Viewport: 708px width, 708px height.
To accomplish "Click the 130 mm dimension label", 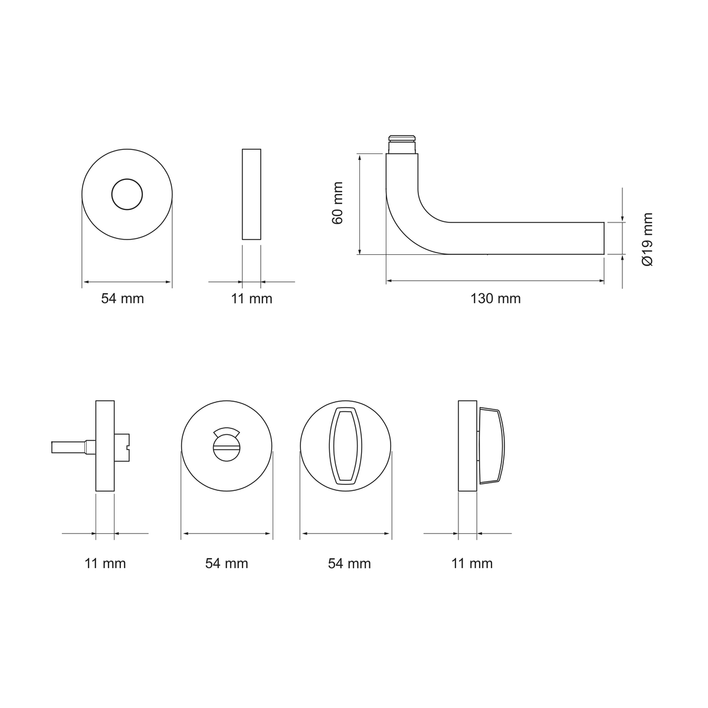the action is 496,299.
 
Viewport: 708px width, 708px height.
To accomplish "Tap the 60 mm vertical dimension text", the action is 337,203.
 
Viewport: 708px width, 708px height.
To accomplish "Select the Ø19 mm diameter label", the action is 647,239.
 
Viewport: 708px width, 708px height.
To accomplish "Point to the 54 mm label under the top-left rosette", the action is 122,299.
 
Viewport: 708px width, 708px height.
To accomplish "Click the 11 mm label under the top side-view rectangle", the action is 251,299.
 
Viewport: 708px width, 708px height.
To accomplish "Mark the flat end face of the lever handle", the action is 604,238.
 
